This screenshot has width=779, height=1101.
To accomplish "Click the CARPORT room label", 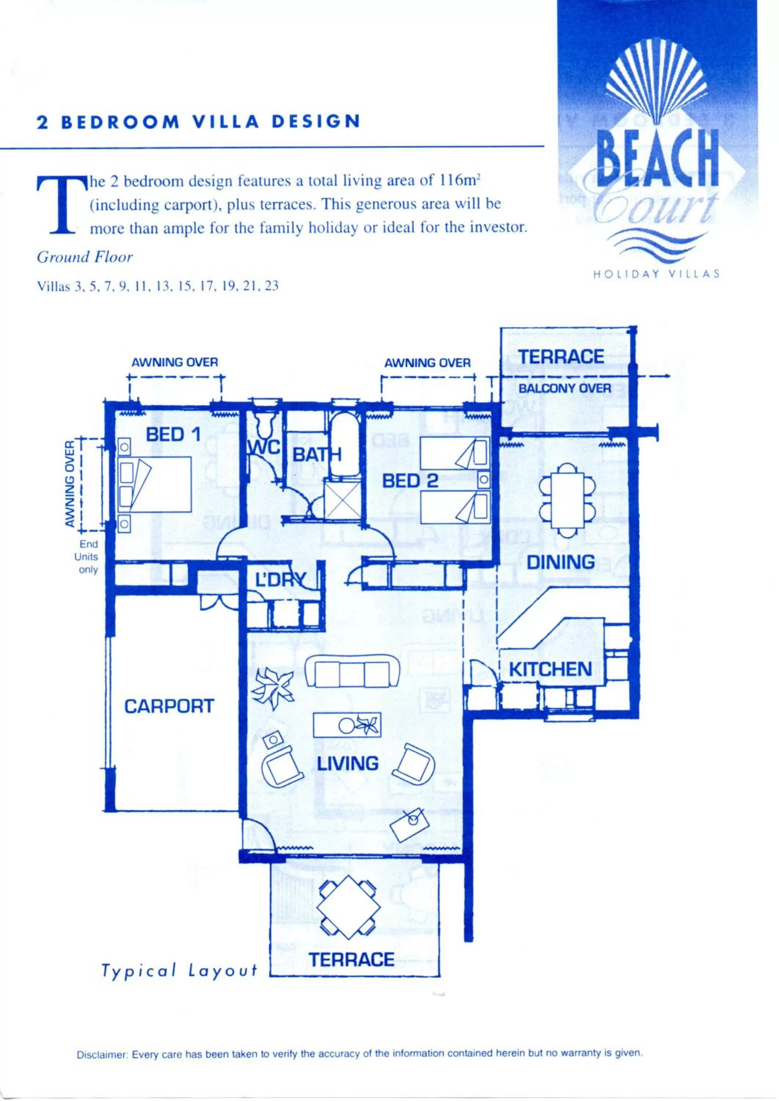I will click(x=169, y=706).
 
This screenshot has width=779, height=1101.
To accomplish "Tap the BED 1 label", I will click(x=173, y=435).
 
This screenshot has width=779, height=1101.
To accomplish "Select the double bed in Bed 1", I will click(x=154, y=484).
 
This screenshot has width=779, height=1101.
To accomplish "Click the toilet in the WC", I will click(x=263, y=422).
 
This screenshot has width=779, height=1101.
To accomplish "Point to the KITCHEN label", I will click(x=550, y=669).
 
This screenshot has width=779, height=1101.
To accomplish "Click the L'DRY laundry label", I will click(x=280, y=580).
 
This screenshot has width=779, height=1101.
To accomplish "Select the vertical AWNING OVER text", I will click(x=70, y=484).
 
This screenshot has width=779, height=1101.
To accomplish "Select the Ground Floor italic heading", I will click(x=84, y=257).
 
